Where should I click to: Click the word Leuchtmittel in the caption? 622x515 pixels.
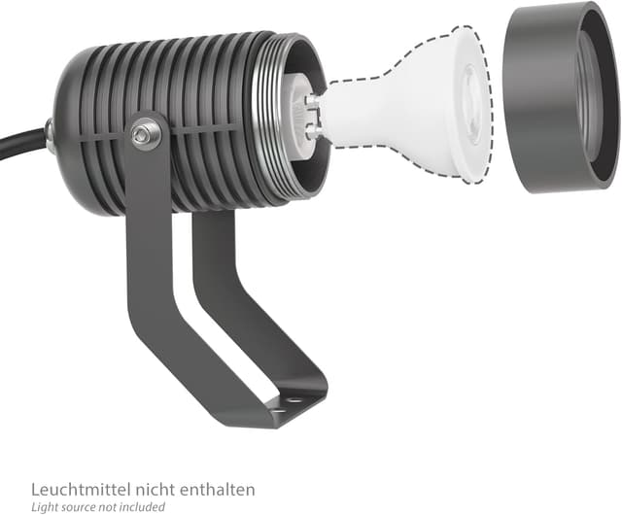(81, 489)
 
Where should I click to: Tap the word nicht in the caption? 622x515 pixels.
(155, 489)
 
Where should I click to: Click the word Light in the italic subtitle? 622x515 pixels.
(42, 507)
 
